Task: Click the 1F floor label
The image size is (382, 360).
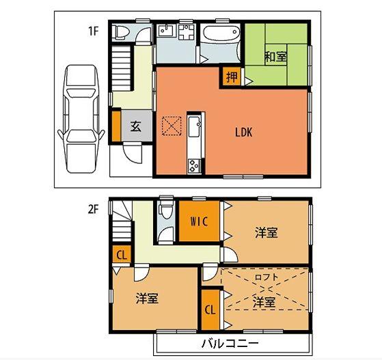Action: click(x=93, y=30)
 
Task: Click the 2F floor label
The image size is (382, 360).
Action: click(x=93, y=210)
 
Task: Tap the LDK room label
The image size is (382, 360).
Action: click(x=244, y=133)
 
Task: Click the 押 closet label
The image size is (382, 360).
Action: click(x=232, y=77)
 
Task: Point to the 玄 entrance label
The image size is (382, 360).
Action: click(x=136, y=126)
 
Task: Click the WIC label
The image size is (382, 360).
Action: click(x=199, y=221)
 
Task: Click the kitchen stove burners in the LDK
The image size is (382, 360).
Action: click(x=193, y=165)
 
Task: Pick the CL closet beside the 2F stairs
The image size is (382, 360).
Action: click(x=121, y=255)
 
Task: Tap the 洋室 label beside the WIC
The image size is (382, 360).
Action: click(x=266, y=233)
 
